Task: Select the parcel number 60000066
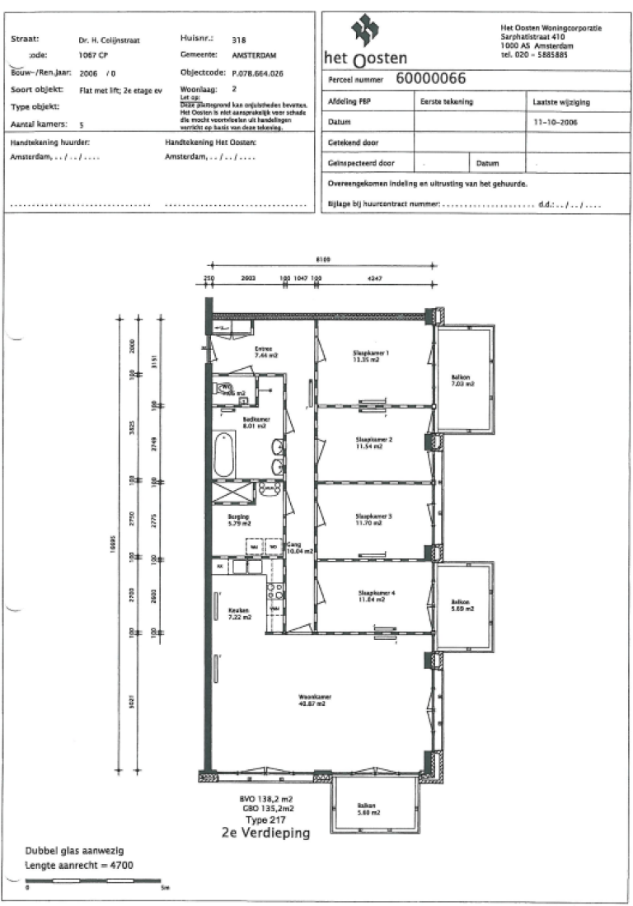(431, 79)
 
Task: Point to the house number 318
(239, 40)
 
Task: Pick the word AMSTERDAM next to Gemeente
(255, 55)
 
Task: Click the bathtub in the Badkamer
(224, 454)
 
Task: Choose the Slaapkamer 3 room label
(374, 519)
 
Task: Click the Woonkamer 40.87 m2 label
(312, 701)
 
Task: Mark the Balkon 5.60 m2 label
(368, 809)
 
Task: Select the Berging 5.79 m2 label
(239, 521)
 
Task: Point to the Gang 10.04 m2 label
(299, 548)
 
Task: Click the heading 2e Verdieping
(266, 834)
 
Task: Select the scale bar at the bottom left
(92, 880)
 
